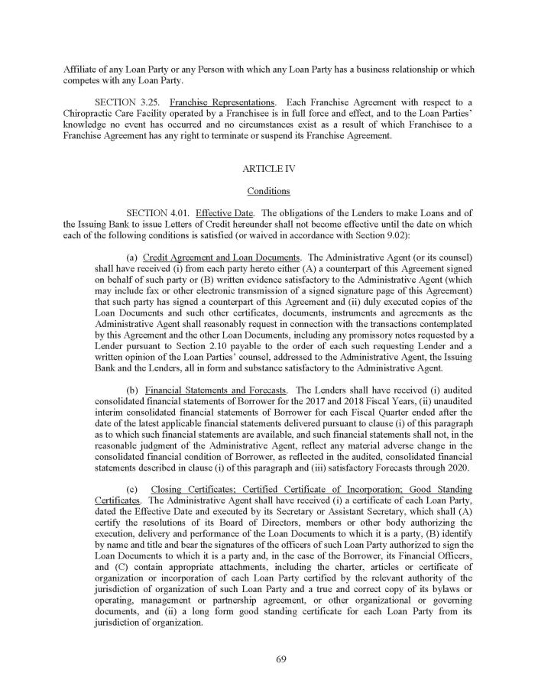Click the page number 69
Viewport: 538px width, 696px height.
tap(269, 661)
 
